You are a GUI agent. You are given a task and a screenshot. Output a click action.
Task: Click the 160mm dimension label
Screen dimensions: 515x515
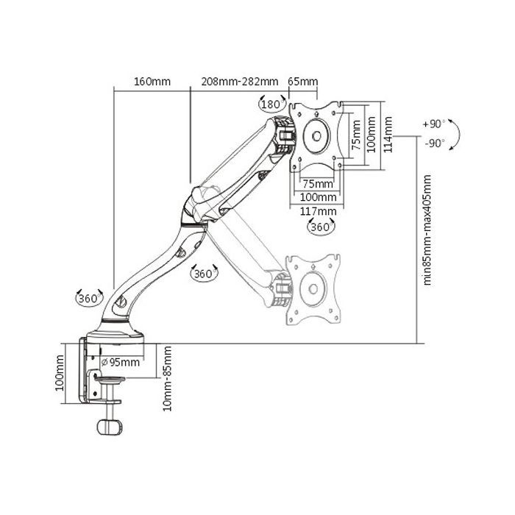(x=152, y=82)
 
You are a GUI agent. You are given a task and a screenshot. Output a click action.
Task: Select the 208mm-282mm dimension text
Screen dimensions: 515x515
(x=240, y=82)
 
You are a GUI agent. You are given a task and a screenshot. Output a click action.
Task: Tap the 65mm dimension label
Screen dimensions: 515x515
(x=303, y=82)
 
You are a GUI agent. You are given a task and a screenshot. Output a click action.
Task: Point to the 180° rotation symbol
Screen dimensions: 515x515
(x=272, y=104)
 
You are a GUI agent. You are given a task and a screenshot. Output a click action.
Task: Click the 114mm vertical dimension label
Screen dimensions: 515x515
(x=388, y=135)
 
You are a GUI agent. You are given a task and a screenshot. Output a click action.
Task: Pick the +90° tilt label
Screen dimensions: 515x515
(x=434, y=124)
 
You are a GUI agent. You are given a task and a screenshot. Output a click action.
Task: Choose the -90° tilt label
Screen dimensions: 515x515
(x=435, y=143)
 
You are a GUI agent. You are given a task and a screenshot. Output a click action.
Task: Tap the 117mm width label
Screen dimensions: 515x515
(x=318, y=211)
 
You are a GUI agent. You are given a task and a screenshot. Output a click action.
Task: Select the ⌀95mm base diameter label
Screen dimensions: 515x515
(x=121, y=362)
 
